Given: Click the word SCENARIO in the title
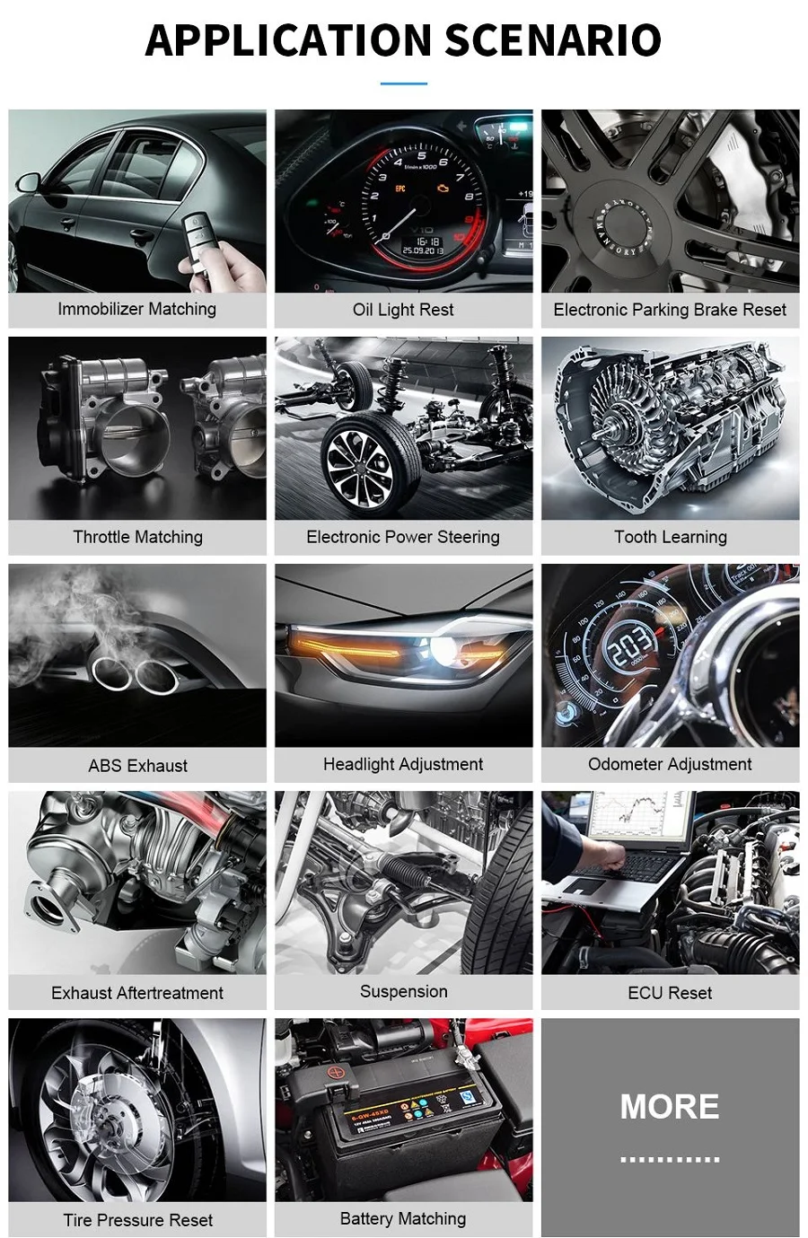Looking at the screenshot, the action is click(x=553, y=40).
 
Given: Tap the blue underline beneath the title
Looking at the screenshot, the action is click(x=403, y=83).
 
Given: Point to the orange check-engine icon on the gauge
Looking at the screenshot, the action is click(x=443, y=189).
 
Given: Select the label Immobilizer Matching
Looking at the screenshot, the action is click(x=137, y=309).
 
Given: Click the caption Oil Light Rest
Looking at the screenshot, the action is click(x=403, y=310).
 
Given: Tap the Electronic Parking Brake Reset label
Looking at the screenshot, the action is click(x=670, y=310).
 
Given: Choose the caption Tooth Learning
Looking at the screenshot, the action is click(x=671, y=537).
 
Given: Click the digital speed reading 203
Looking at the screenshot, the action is click(x=630, y=645).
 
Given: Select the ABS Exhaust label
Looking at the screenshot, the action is click(x=137, y=766).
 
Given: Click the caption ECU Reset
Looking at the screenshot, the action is click(x=670, y=993).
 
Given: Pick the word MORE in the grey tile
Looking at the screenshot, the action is click(x=670, y=1106).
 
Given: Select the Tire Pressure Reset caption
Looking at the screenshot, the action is click(x=137, y=1220).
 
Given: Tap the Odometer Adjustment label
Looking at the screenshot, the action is click(x=670, y=764).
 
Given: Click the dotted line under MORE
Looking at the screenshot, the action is click(x=670, y=1159).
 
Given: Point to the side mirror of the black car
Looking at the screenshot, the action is click(x=28, y=182).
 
